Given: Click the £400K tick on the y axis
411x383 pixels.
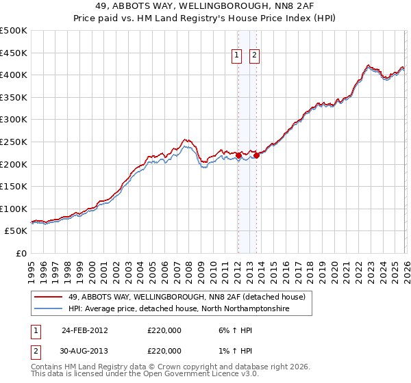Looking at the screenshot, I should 14,75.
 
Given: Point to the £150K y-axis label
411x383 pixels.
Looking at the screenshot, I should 14,186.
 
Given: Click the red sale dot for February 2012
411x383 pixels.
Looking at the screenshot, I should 238,155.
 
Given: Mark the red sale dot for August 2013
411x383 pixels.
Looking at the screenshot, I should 256,155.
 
